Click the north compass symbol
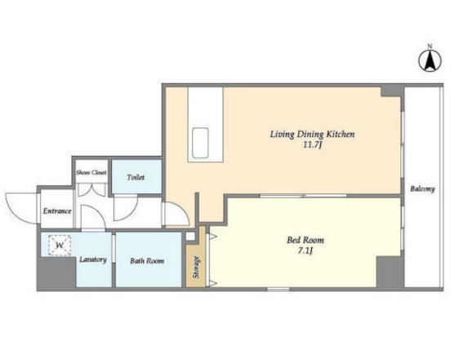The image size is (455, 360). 430,61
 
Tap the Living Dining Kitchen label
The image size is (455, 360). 312,135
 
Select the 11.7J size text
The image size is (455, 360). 313,144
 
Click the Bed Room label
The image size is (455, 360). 306,240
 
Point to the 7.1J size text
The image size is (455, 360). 306,251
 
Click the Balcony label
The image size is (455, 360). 422,189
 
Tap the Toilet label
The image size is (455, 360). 136,177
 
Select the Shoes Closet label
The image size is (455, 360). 91,172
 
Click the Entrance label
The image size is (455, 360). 57,211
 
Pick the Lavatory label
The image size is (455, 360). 93,260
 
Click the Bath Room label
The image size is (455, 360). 147,260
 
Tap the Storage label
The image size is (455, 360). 196,267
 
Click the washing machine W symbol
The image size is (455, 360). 60,246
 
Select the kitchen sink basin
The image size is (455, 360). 200,143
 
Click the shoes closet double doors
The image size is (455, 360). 91,189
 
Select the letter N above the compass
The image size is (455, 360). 430,46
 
